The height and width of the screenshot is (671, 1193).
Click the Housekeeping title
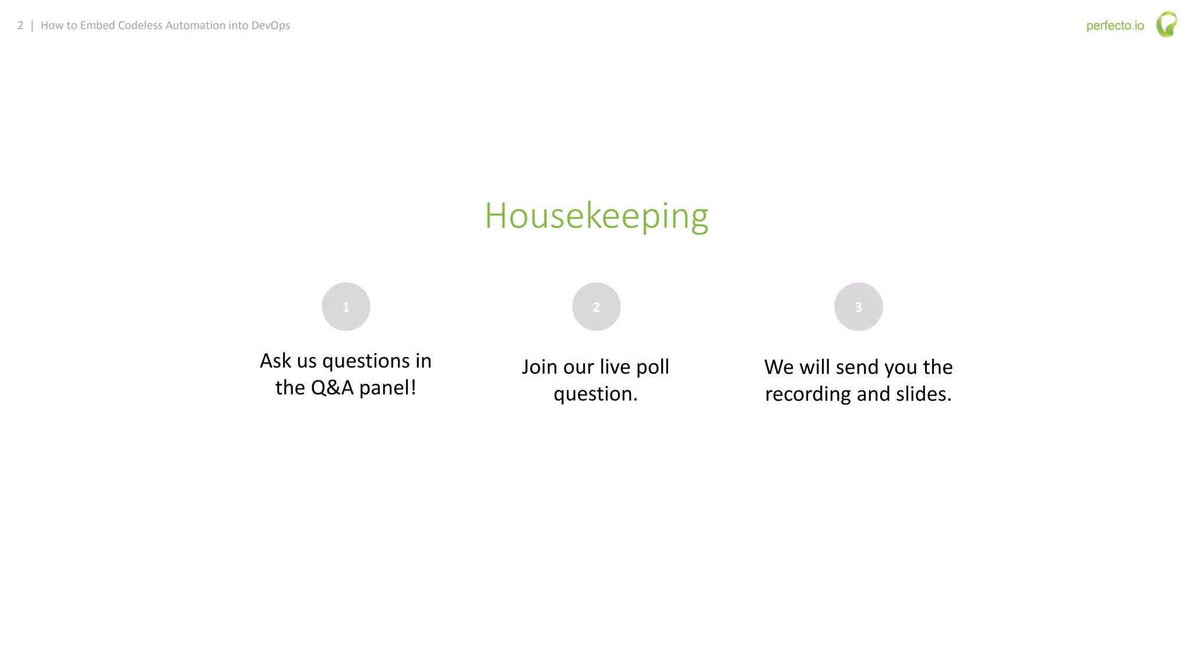[x=596, y=216]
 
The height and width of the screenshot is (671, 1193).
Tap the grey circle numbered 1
[x=346, y=307]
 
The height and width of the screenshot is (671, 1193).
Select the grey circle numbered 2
[x=596, y=307]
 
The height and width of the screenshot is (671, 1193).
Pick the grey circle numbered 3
[x=858, y=307]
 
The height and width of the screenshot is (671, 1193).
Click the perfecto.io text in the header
[x=1115, y=26]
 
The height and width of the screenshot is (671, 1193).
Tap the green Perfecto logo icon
[x=1166, y=24]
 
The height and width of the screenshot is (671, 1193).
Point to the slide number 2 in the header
[x=20, y=26]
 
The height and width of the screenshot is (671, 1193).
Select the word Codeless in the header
[x=140, y=26]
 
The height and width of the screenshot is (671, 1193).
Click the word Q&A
[x=332, y=387]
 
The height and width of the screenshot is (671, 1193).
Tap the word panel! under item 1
[x=387, y=388]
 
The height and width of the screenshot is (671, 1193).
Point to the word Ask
[x=275, y=361]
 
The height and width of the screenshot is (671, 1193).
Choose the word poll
[x=652, y=368]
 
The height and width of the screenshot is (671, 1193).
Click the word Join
[x=539, y=368]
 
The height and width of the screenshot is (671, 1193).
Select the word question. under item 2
[x=595, y=394]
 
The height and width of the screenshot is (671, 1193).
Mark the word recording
[x=808, y=394]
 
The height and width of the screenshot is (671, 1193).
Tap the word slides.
[x=923, y=394]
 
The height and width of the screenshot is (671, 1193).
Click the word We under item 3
[x=779, y=368]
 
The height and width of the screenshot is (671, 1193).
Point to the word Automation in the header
[x=195, y=26]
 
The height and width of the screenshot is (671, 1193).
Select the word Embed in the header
[x=97, y=26]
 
